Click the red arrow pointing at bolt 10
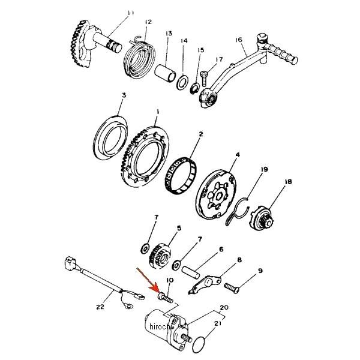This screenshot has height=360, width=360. (149, 281)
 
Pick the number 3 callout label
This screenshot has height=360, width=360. (124, 95)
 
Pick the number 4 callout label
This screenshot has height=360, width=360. (238, 155)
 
